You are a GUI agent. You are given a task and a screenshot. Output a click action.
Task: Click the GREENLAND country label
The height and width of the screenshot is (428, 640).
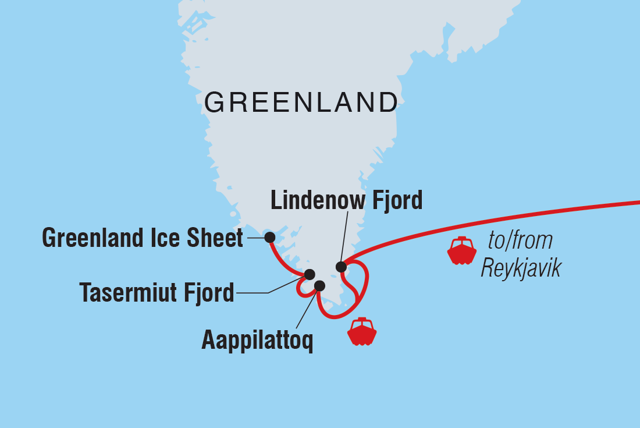tap(301, 103)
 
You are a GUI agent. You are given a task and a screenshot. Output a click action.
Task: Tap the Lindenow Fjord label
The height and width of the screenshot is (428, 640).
tap(347, 201)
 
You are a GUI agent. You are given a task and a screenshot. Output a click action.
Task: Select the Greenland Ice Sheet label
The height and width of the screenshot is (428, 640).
tap(143, 238)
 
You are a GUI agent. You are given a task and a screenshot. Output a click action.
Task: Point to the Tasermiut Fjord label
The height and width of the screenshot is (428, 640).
tap(157, 292)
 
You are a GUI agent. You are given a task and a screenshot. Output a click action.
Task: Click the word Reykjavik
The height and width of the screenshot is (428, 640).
tap(521, 269)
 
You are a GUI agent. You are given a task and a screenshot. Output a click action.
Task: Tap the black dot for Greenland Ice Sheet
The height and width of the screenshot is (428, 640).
tap(269, 238)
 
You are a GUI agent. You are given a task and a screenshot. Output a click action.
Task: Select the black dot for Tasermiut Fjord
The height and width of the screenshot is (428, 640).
tap(310, 274)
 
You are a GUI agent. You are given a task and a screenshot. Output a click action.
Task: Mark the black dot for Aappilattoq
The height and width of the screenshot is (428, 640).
tap(319, 285)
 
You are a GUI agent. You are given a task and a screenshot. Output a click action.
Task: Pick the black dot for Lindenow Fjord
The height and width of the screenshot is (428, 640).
tap(341, 267)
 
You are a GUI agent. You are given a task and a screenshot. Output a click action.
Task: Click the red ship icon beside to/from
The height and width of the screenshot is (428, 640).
tap(461, 250)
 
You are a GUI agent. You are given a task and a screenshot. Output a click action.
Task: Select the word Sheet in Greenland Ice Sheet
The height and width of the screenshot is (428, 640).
tap(217, 238)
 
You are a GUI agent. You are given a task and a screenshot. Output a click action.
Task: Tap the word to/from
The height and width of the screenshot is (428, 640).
tap(520, 240)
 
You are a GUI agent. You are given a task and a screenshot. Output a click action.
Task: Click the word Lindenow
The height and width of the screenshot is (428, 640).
tap(315, 201)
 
